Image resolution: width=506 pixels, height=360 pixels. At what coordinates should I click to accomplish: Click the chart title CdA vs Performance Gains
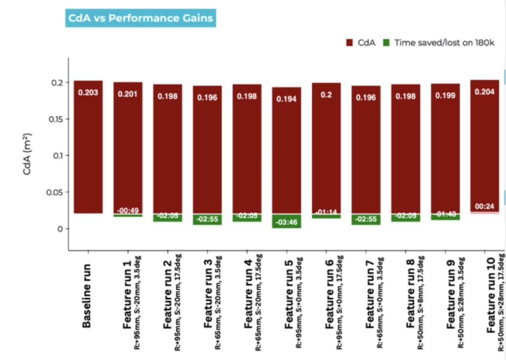[140, 19]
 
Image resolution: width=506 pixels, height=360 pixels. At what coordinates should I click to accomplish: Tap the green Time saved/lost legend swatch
[385, 43]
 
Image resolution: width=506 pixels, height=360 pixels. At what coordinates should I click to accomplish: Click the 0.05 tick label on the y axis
[55, 192]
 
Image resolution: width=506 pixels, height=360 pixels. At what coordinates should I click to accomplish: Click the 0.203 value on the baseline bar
[88, 92]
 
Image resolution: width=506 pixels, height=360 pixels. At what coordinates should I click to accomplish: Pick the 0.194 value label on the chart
[287, 99]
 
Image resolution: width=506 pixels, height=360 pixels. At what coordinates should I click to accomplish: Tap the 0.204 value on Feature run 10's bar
[485, 91]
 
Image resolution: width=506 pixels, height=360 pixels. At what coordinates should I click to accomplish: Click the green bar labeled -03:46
[287, 222]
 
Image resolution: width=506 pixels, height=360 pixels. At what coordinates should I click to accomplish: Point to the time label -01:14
[326, 212]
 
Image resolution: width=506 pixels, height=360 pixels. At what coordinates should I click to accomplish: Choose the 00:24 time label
[485, 206]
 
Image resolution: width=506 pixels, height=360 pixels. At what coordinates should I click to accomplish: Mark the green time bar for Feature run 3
[207, 219]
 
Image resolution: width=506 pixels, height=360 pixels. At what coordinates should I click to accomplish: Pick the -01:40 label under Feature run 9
[445, 214]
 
